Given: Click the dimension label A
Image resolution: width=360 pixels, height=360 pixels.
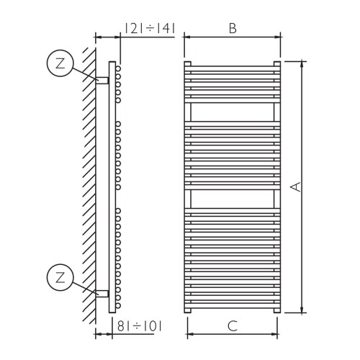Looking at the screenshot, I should click(x=295, y=186).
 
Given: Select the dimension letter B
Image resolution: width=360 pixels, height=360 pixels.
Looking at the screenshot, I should click(x=232, y=29).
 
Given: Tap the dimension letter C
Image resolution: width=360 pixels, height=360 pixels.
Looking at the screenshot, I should click(x=232, y=326).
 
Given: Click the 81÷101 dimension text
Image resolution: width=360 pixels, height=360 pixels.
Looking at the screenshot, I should click(x=139, y=326).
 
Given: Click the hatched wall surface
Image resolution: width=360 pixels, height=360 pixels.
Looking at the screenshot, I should click(x=88, y=180).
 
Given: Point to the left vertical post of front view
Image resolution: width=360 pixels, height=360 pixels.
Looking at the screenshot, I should click(x=188, y=187).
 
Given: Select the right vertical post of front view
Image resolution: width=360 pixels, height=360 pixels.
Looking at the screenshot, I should click(x=276, y=187).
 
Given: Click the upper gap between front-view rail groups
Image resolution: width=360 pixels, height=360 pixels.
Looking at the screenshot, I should click(x=232, y=112).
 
